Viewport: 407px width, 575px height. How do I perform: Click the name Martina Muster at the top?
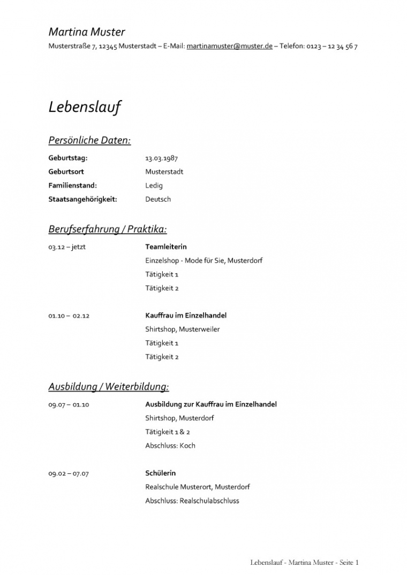(x=87, y=32)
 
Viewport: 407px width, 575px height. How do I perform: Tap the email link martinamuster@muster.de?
(x=229, y=47)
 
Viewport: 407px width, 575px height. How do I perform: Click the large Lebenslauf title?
(x=85, y=107)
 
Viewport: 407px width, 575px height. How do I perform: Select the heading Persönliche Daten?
(x=89, y=141)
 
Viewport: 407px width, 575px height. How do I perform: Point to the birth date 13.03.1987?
(x=161, y=158)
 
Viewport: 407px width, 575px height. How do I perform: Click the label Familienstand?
(x=72, y=186)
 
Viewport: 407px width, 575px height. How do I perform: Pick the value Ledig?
(x=154, y=186)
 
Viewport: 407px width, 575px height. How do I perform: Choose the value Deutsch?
(x=158, y=200)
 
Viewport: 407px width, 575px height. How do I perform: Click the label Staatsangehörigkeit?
(x=82, y=200)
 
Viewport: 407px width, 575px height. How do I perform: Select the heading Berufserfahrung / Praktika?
(x=108, y=229)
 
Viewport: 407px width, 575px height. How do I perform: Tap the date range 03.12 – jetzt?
(x=67, y=247)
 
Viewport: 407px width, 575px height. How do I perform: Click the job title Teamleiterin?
(x=166, y=247)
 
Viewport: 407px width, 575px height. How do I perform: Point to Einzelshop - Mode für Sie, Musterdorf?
(x=204, y=261)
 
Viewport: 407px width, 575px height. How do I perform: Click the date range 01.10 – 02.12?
(x=69, y=316)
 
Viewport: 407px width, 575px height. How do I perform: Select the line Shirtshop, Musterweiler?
(x=182, y=329)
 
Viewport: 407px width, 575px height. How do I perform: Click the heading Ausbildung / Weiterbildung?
(x=109, y=386)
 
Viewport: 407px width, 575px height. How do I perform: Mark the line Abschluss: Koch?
(x=170, y=446)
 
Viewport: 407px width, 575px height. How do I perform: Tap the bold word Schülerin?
(x=160, y=473)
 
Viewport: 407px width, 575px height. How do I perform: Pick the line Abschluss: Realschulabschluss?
(x=192, y=501)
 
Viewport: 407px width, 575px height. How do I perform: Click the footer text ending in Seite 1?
(x=304, y=563)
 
